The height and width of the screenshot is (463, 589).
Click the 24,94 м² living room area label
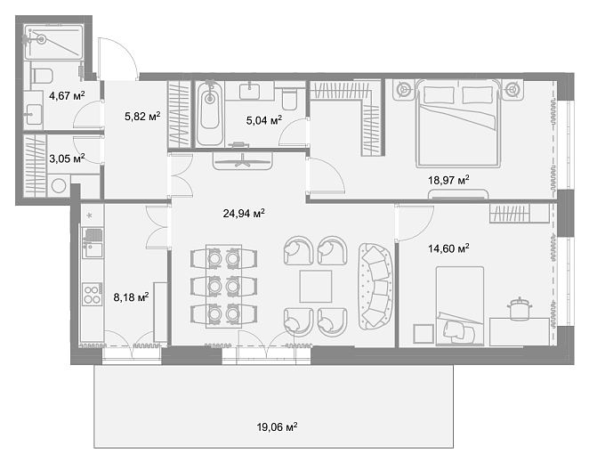244,214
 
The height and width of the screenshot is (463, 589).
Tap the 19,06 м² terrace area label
278,426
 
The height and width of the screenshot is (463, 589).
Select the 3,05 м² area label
67,158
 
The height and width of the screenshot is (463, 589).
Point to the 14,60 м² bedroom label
448,248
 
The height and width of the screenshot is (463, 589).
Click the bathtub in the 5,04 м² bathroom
210,113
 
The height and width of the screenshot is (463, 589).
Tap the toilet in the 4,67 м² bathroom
41,76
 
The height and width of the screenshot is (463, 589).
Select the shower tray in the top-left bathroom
53,41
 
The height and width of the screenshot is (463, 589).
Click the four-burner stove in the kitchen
93,294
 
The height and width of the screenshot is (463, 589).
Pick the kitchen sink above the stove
93,249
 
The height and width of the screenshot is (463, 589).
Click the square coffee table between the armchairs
316,287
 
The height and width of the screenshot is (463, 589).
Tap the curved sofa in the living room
375,287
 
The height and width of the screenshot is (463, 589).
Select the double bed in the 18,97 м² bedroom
458,123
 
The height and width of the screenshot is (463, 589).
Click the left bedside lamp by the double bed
403,90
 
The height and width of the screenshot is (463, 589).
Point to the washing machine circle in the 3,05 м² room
59,186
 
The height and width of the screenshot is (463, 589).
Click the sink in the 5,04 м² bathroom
249,90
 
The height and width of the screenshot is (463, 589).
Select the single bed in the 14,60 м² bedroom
459,305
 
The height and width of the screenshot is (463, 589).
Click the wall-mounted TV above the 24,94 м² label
243,161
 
